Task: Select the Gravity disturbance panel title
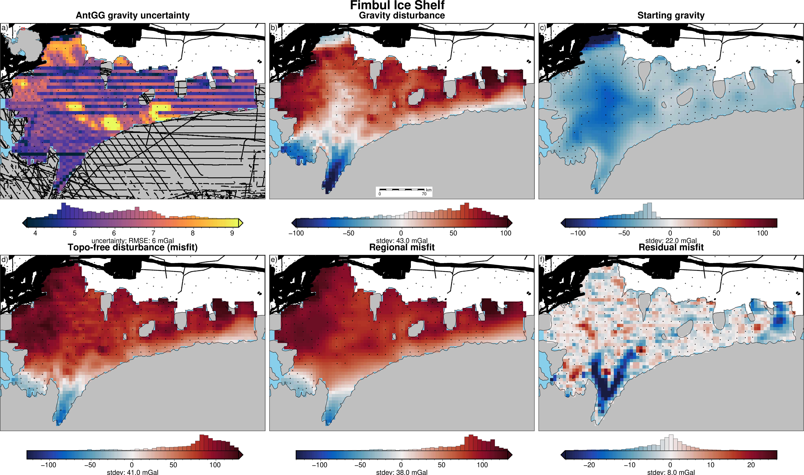click(402, 15)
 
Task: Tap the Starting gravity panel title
click(671, 15)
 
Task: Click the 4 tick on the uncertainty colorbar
click(35, 233)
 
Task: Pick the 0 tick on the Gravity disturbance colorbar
click(401, 233)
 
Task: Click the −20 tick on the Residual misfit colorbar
click(589, 465)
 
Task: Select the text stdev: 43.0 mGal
click(402, 241)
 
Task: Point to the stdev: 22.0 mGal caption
click(671, 241)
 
